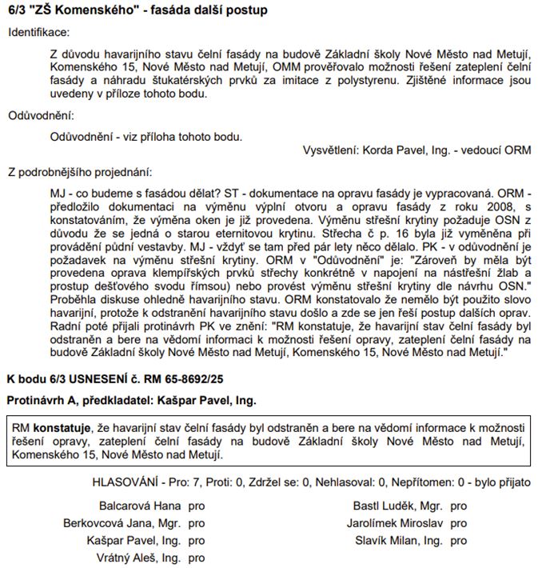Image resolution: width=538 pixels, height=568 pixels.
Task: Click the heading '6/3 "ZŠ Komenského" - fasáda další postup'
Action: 137,10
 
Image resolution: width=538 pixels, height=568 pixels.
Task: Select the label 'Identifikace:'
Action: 39,32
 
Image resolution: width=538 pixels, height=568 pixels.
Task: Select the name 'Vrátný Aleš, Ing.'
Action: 138,558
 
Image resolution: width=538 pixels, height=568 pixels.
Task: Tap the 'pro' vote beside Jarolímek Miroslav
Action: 458,523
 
